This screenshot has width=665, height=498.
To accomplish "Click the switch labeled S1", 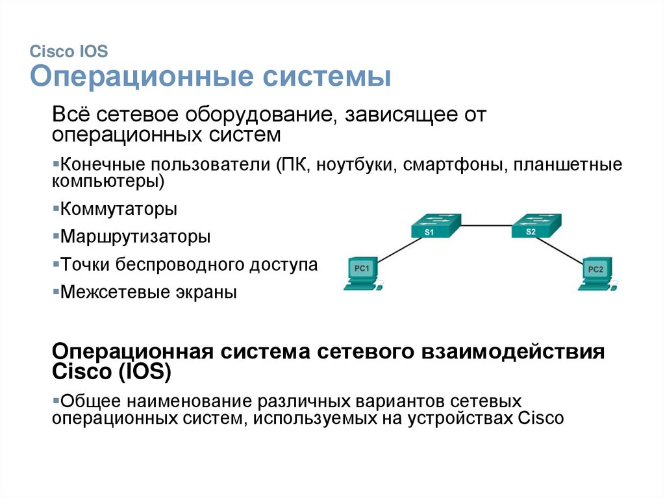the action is point(435,226).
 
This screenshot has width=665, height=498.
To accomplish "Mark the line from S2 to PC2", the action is point(566,251).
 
